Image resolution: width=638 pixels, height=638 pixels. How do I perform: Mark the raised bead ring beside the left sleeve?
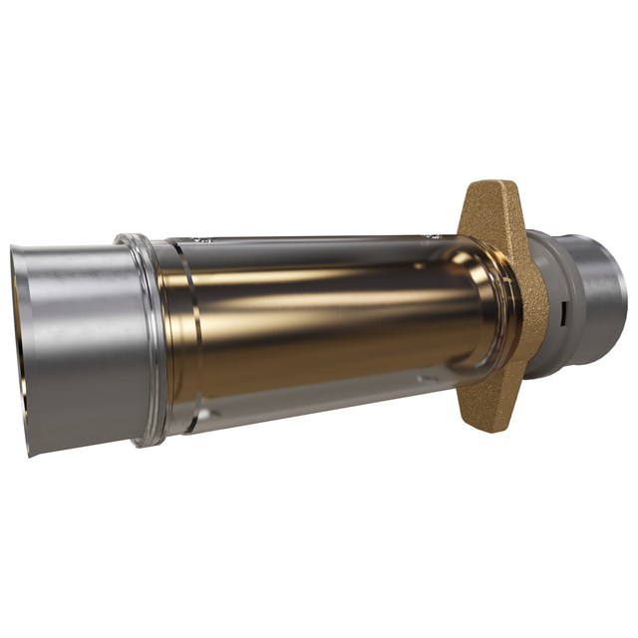click(145, 339)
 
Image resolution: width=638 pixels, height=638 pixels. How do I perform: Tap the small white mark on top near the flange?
click(431, 236)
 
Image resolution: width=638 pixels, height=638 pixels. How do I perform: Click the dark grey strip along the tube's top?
click(319, 243)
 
